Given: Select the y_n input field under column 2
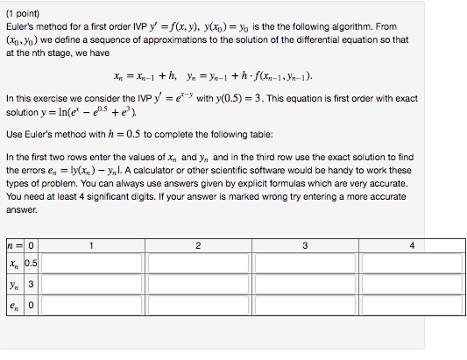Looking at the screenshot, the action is tap(198, 286).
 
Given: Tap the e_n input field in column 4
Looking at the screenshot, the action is tap(411, 308).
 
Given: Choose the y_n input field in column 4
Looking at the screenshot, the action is tap(411, 286).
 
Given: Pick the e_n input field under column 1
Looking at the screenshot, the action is tap(92, 308).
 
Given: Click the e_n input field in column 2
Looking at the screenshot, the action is tap(198, 308).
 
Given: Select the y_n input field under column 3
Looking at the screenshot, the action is tap(305, 286).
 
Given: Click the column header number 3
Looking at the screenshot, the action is tap(305, 245).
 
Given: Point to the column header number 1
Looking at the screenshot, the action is tap(92, 245).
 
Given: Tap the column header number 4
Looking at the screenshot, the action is tap(411, 245).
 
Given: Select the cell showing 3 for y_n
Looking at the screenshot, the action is tap(30, 286).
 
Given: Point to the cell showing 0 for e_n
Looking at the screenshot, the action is tap(30, 308).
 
